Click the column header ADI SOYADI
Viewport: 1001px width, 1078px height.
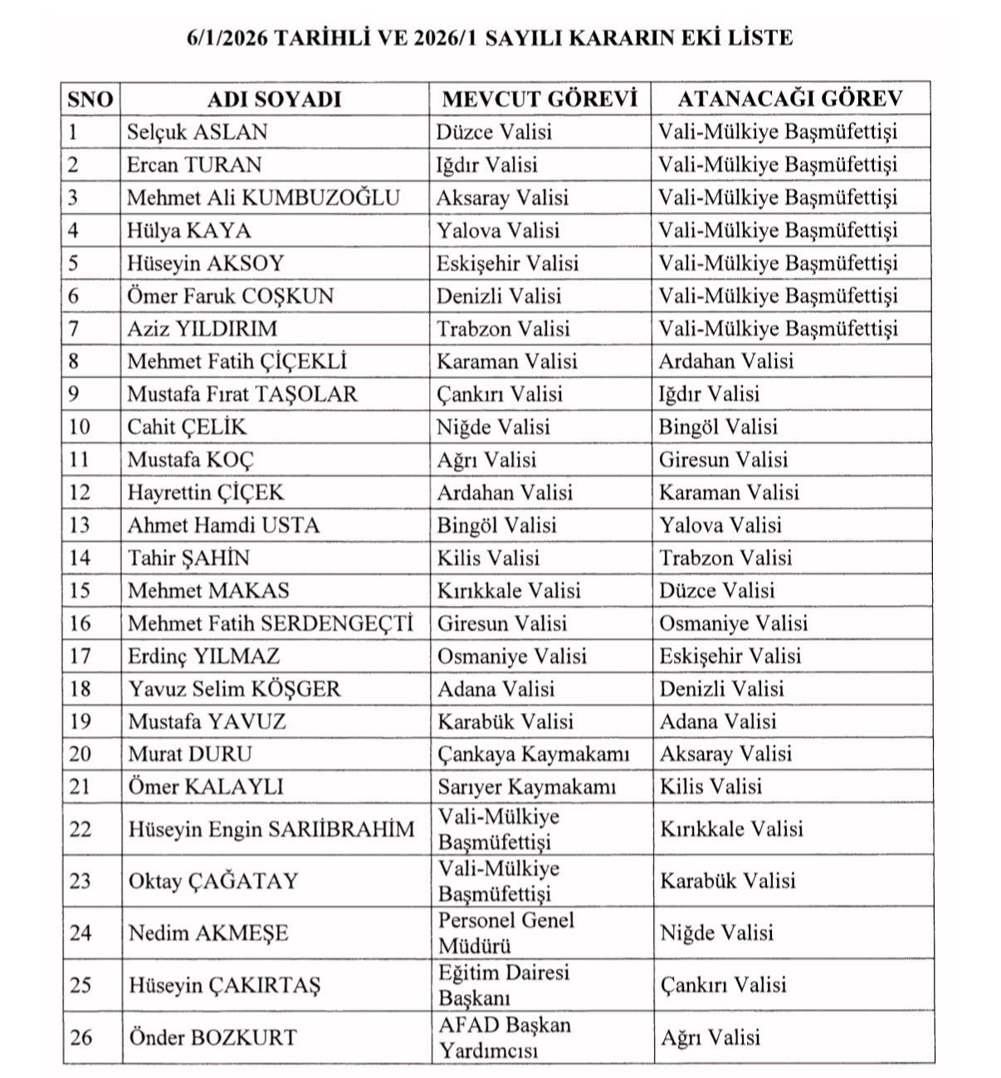(x=274, y=99)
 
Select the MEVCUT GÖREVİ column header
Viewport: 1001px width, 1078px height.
(x=540, y=99)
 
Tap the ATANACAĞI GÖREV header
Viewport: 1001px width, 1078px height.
(x=789, y=99)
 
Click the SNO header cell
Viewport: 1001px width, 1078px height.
(x=90, y=99)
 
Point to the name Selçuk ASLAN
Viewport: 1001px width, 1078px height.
(x=198, y=132)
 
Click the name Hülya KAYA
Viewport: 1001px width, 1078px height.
(x=188, y=231)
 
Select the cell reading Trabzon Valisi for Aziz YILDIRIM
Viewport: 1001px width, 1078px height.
(x=504, y=329)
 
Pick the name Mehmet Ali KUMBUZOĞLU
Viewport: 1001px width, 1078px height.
(x=263, y=198)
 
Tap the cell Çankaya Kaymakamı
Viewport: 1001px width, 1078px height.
(x=534, y=754)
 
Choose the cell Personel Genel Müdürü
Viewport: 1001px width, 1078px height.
(x=506, y=933)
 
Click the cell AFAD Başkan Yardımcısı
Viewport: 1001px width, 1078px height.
(x=504, y=1037)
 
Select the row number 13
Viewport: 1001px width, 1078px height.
(x=80, y=525)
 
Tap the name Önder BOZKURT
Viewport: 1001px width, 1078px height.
(x=212, y=1037)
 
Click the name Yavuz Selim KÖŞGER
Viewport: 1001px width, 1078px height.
(x=234, y=689)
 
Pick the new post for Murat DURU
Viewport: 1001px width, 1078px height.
(x=725, y=754)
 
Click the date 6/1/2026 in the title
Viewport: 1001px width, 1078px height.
(x=228, y=37)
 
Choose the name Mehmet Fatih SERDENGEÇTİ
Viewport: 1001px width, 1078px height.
(x=270, y=623)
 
